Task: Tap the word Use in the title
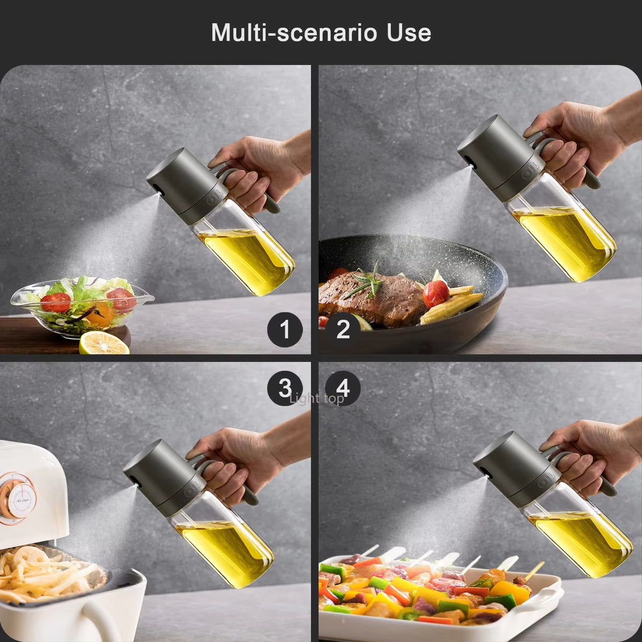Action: pos(409,33)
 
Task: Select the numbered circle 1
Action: pos(285,330)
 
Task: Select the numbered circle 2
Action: pos(343,330)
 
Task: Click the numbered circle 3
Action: pos(285,388)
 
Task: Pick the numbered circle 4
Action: pos(343,388)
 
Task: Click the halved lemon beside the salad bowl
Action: pos(104,343)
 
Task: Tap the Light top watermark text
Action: pos(316,399)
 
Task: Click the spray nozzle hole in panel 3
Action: pos(134,480)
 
